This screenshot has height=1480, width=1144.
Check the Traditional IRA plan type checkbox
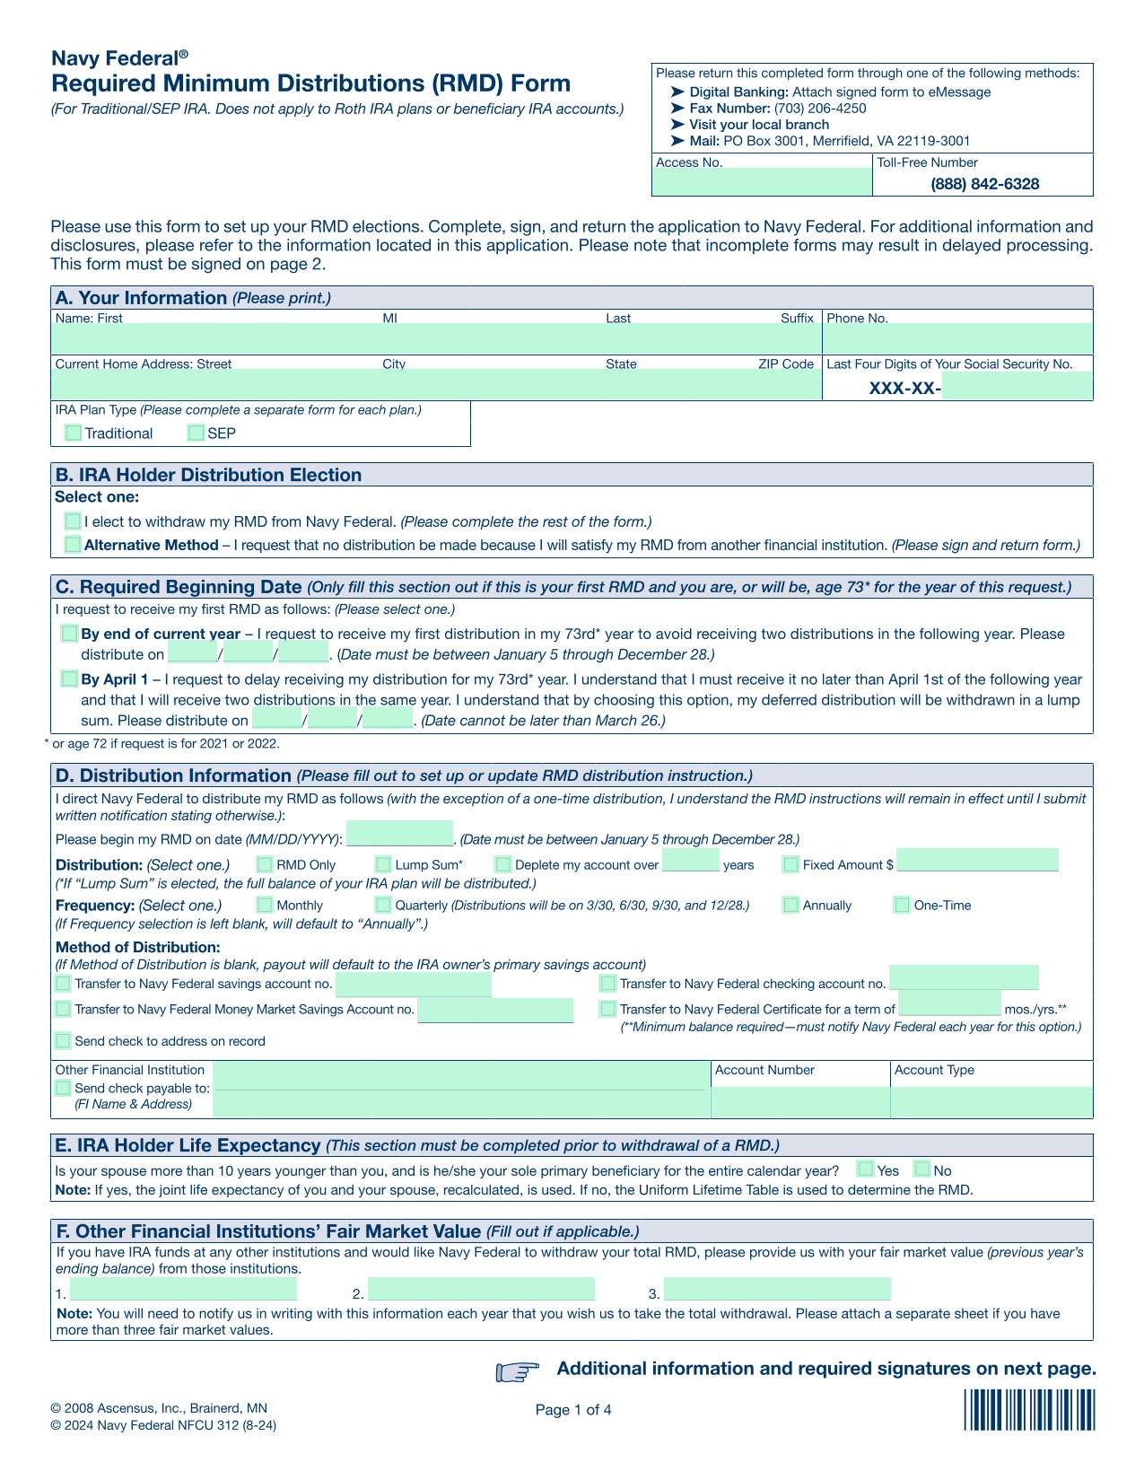tap(74, 433)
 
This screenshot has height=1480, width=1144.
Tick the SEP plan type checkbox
tap(196, 433)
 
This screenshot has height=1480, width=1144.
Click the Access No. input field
tap(762, 183)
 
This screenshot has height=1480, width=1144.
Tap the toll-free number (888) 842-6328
tap(984, 184)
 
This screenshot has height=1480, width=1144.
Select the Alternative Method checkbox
tap(73, 545)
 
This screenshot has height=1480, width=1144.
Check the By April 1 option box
tap(69, 679)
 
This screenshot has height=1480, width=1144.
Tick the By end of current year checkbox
tap(69, 634)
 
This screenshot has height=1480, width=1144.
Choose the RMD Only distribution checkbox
tap(265, 864)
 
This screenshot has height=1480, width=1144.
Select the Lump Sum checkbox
tap(383, 864)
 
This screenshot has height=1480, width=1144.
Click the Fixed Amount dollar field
tap(977, 861)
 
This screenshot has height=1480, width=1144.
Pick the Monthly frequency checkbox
tap(265, 905)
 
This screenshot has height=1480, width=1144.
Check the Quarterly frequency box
tap(383, 905)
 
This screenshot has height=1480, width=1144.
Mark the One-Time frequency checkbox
tap(902, 905)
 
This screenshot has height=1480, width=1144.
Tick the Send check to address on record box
tap(63, 1041)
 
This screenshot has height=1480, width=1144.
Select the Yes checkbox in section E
tap(865, 1169)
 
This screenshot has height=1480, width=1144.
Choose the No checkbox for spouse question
tap(921, 1169)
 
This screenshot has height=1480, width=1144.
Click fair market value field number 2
tap(481, 1290)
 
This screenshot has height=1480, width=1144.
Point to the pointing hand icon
tap(517, 1371)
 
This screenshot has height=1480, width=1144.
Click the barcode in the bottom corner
tap(1030, 1410)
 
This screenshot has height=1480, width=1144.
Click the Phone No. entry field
tap(957, 339)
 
